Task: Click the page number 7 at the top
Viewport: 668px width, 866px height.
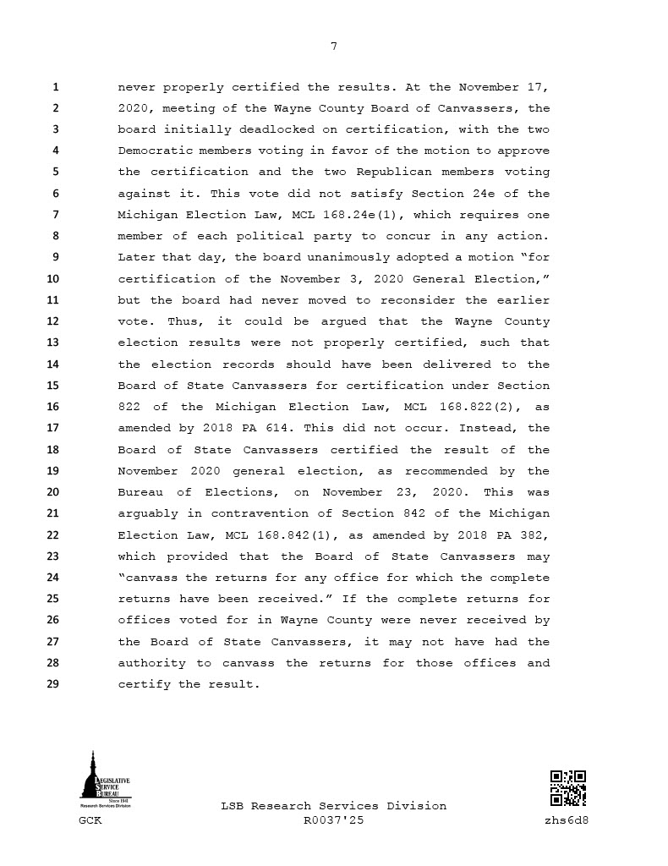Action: (x=333, y=46)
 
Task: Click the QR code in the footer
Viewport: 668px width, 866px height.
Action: (x=568, y=788)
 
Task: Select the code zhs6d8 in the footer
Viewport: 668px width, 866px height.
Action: (x=567, y=820)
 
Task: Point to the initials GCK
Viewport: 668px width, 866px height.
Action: (x=90, y=820)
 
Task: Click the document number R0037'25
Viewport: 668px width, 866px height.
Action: (x=333, y=820)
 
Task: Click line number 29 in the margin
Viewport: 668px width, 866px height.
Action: (x=52, y=684)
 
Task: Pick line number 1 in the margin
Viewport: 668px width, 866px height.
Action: (x=55, y=87)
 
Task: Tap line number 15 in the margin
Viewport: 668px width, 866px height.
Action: (x=52, y=386)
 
